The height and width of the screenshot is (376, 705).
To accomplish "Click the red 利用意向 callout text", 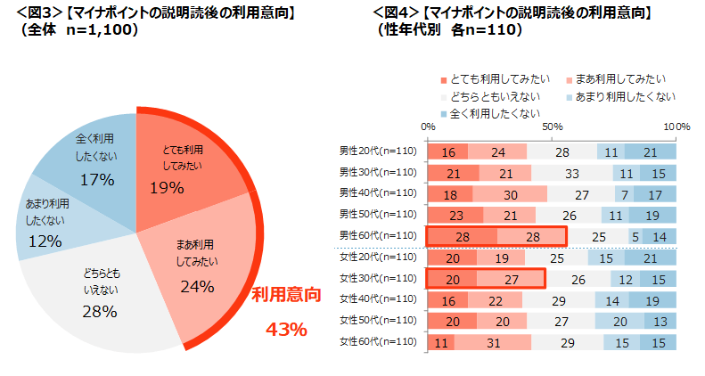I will coord(285,295).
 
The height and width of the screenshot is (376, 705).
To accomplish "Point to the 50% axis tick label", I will coord(552,127).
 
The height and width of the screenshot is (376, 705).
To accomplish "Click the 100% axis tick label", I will coord(677,127).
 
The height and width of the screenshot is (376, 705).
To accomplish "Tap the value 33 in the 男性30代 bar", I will coord(574,173).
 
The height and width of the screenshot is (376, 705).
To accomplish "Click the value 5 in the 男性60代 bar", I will coord(635,236).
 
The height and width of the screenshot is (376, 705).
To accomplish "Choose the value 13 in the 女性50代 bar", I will coord(660,321).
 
